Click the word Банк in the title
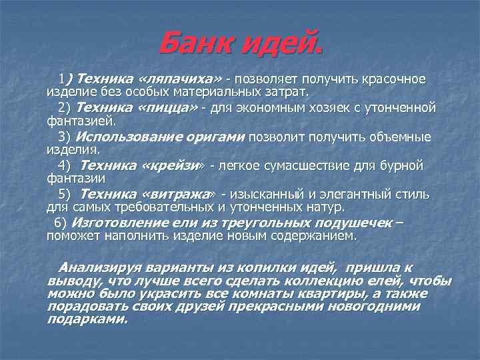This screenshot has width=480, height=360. click(x=197, y=45)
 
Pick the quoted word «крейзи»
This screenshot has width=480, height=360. click(x=173, y=165)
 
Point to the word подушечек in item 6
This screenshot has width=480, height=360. click(x=343, y=223)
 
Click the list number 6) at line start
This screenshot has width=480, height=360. click(x=60, y=223)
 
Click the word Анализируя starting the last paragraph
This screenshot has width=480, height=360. click(x=97, y=267)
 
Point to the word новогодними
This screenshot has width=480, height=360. click(x=375, y=307)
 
